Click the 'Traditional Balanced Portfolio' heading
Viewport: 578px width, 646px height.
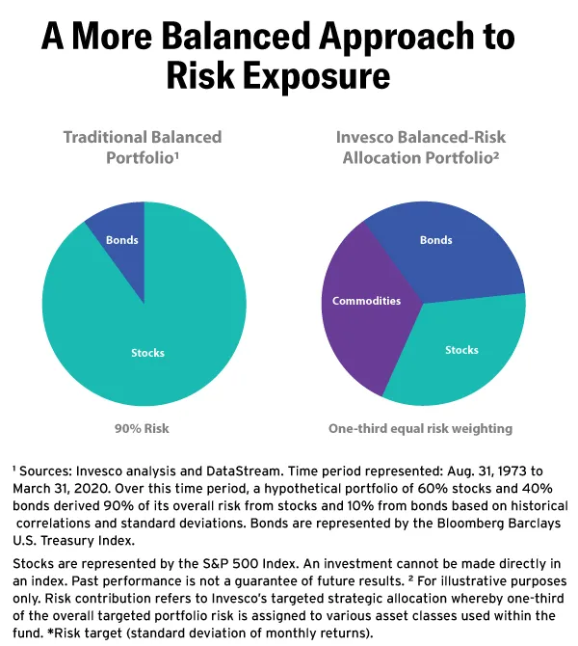tap(143, 147)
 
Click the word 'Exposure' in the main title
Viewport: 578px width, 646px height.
tap(325, 78)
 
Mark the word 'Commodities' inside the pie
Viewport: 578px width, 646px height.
tap(366, 301)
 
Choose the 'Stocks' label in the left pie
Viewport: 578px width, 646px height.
tap(147, 353)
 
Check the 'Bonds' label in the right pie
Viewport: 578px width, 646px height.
tap(435, 239)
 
